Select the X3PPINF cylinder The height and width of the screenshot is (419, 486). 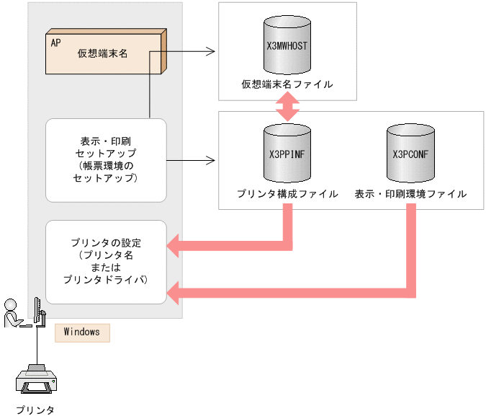(287, 153)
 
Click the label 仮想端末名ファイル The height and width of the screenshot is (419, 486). (287, 85)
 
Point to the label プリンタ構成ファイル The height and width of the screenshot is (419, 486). (287, 194)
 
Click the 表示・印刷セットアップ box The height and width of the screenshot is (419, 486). (106, 160)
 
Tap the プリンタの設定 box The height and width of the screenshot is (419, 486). (106, 261)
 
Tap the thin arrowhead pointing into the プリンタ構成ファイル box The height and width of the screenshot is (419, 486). (211, 160)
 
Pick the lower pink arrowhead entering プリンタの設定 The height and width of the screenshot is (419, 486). (175, 292)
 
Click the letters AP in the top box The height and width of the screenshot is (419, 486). (56, 43)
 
